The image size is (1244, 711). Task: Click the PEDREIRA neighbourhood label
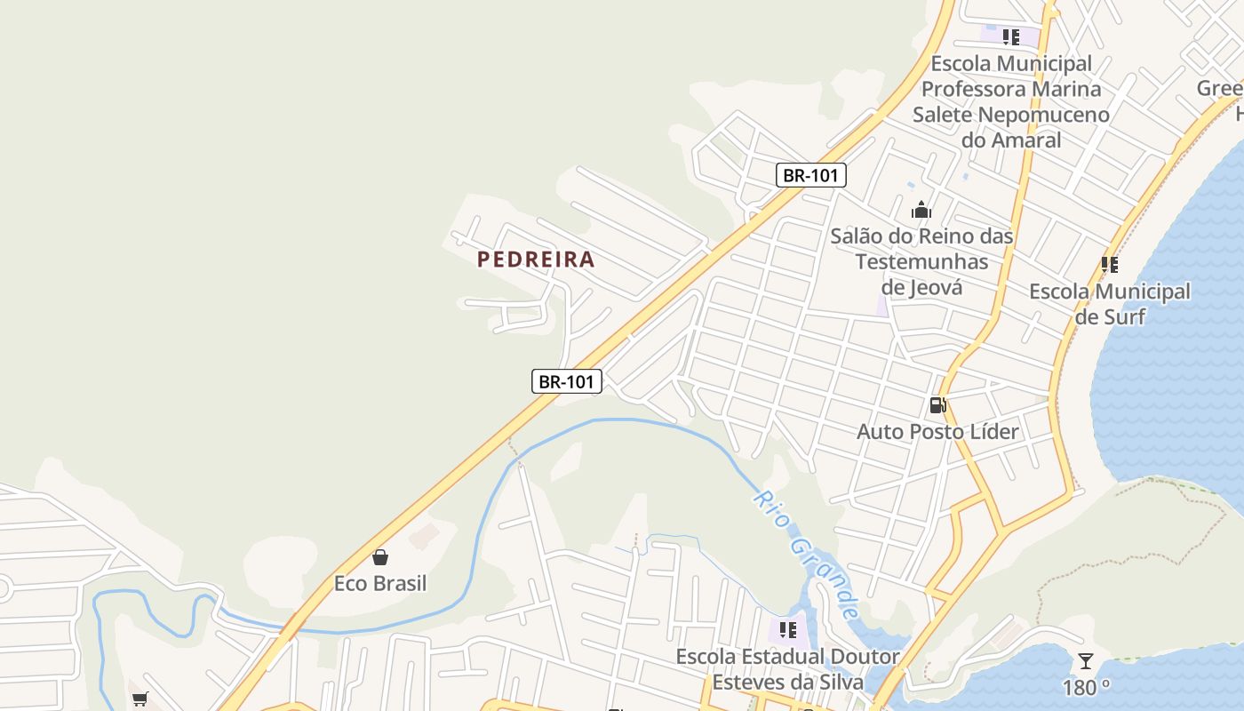pos(536,260)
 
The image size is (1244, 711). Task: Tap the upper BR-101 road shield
pos(810,175)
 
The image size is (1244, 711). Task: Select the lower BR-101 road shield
pos(567,381)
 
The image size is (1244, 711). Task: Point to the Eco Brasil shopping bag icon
pos(380,557)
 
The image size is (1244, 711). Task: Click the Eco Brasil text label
pos(380,584)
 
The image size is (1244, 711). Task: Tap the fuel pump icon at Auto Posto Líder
pos(937,405)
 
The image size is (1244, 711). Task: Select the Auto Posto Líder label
pos(937,432)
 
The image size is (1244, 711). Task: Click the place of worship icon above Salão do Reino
pos(921,210)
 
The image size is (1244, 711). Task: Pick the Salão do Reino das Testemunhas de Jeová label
pos(922,261)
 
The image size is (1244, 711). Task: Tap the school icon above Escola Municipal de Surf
pos(1109,264)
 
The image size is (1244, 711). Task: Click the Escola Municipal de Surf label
pos(1110,303)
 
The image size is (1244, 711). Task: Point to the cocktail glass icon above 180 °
pos(1085,661)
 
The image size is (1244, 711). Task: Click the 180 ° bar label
pos(1086,688)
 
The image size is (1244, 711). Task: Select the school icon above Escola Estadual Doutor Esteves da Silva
pos(787,630)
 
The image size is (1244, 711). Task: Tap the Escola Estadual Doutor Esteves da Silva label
pos(787,669)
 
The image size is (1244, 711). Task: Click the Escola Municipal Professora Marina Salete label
pos(1011,101)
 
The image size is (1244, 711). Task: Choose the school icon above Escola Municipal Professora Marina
pos(1010,36)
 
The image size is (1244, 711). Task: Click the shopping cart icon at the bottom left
pos(140,699)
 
